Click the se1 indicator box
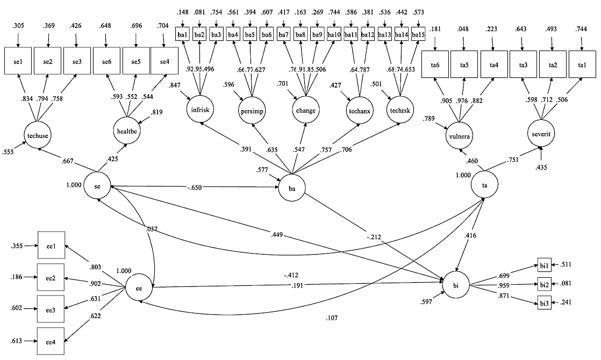18,62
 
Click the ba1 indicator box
183,34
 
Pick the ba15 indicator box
418,34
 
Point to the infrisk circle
201,110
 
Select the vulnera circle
459,136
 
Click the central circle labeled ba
292,188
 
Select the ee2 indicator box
51,277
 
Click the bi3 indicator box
544,303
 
